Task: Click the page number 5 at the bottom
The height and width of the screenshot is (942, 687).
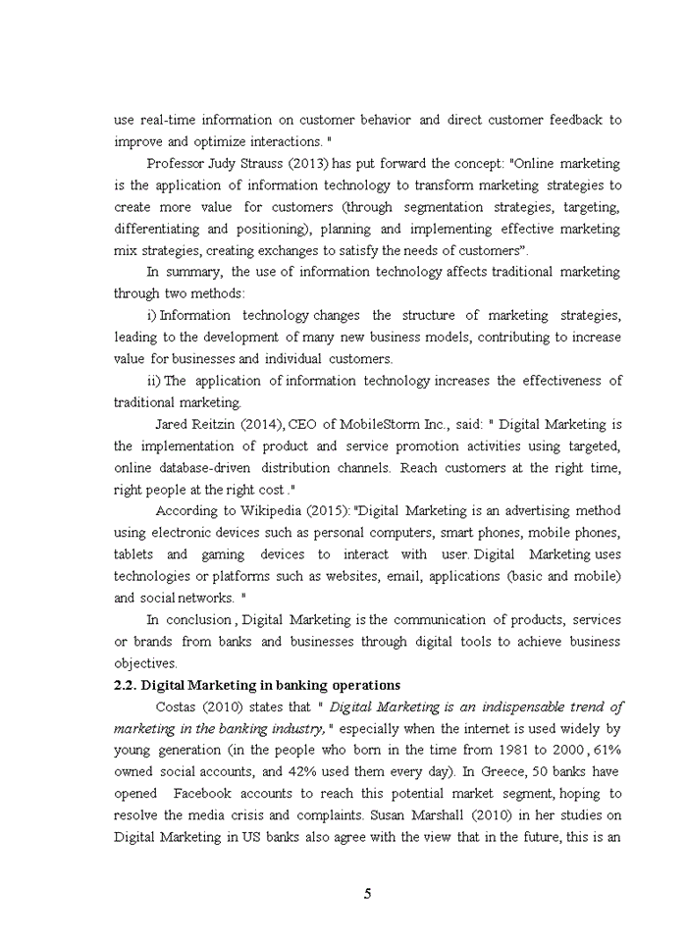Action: click(x=367, y=893)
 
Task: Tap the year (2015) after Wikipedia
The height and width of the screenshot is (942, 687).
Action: click(x=327, y=510)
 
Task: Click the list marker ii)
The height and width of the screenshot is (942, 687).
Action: click(x=153, y=381)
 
